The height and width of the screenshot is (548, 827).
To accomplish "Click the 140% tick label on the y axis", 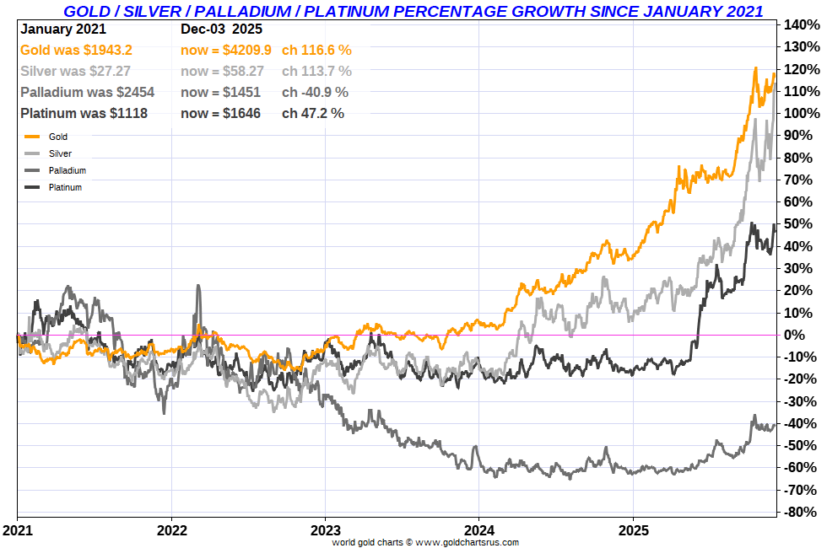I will [x=803, y=24].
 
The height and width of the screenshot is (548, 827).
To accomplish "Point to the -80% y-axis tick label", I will [x=803, y=512].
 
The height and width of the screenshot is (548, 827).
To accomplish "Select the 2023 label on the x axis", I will [x=325, y=530].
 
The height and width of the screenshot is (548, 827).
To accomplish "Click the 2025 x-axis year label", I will [x=633, y=530].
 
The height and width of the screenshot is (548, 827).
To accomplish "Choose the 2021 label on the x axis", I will [x=17, y=530].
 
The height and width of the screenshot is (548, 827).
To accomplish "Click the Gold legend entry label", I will [x=58, y=137].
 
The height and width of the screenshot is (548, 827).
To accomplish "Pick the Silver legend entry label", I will [x=60, y=153].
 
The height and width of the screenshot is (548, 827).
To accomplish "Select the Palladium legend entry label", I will [x=68, y=170].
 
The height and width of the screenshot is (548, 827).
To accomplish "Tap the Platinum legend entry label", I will [x=65, y=187].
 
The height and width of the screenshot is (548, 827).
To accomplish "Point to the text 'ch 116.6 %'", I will [x=316, y=50].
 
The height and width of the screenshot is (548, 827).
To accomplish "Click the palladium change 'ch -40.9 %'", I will [x=315, y=92].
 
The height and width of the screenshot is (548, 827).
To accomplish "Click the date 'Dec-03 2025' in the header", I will [x=221, y=30].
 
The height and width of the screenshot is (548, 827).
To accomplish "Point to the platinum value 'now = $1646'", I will [x=220, y=113].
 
